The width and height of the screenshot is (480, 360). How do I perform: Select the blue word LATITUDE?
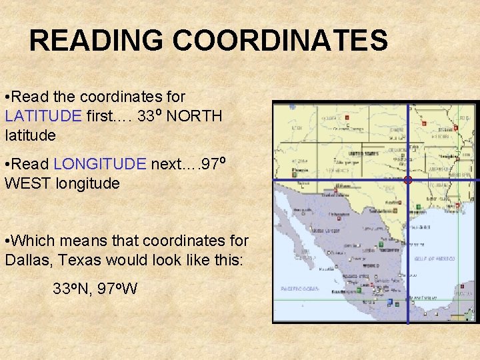click(x=43, y=117)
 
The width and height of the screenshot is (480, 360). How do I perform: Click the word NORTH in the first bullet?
click(x=194, y=117)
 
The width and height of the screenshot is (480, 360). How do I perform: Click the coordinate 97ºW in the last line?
click(x=117, y=289)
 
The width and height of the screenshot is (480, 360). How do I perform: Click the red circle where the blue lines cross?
click(x=408, y=180)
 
